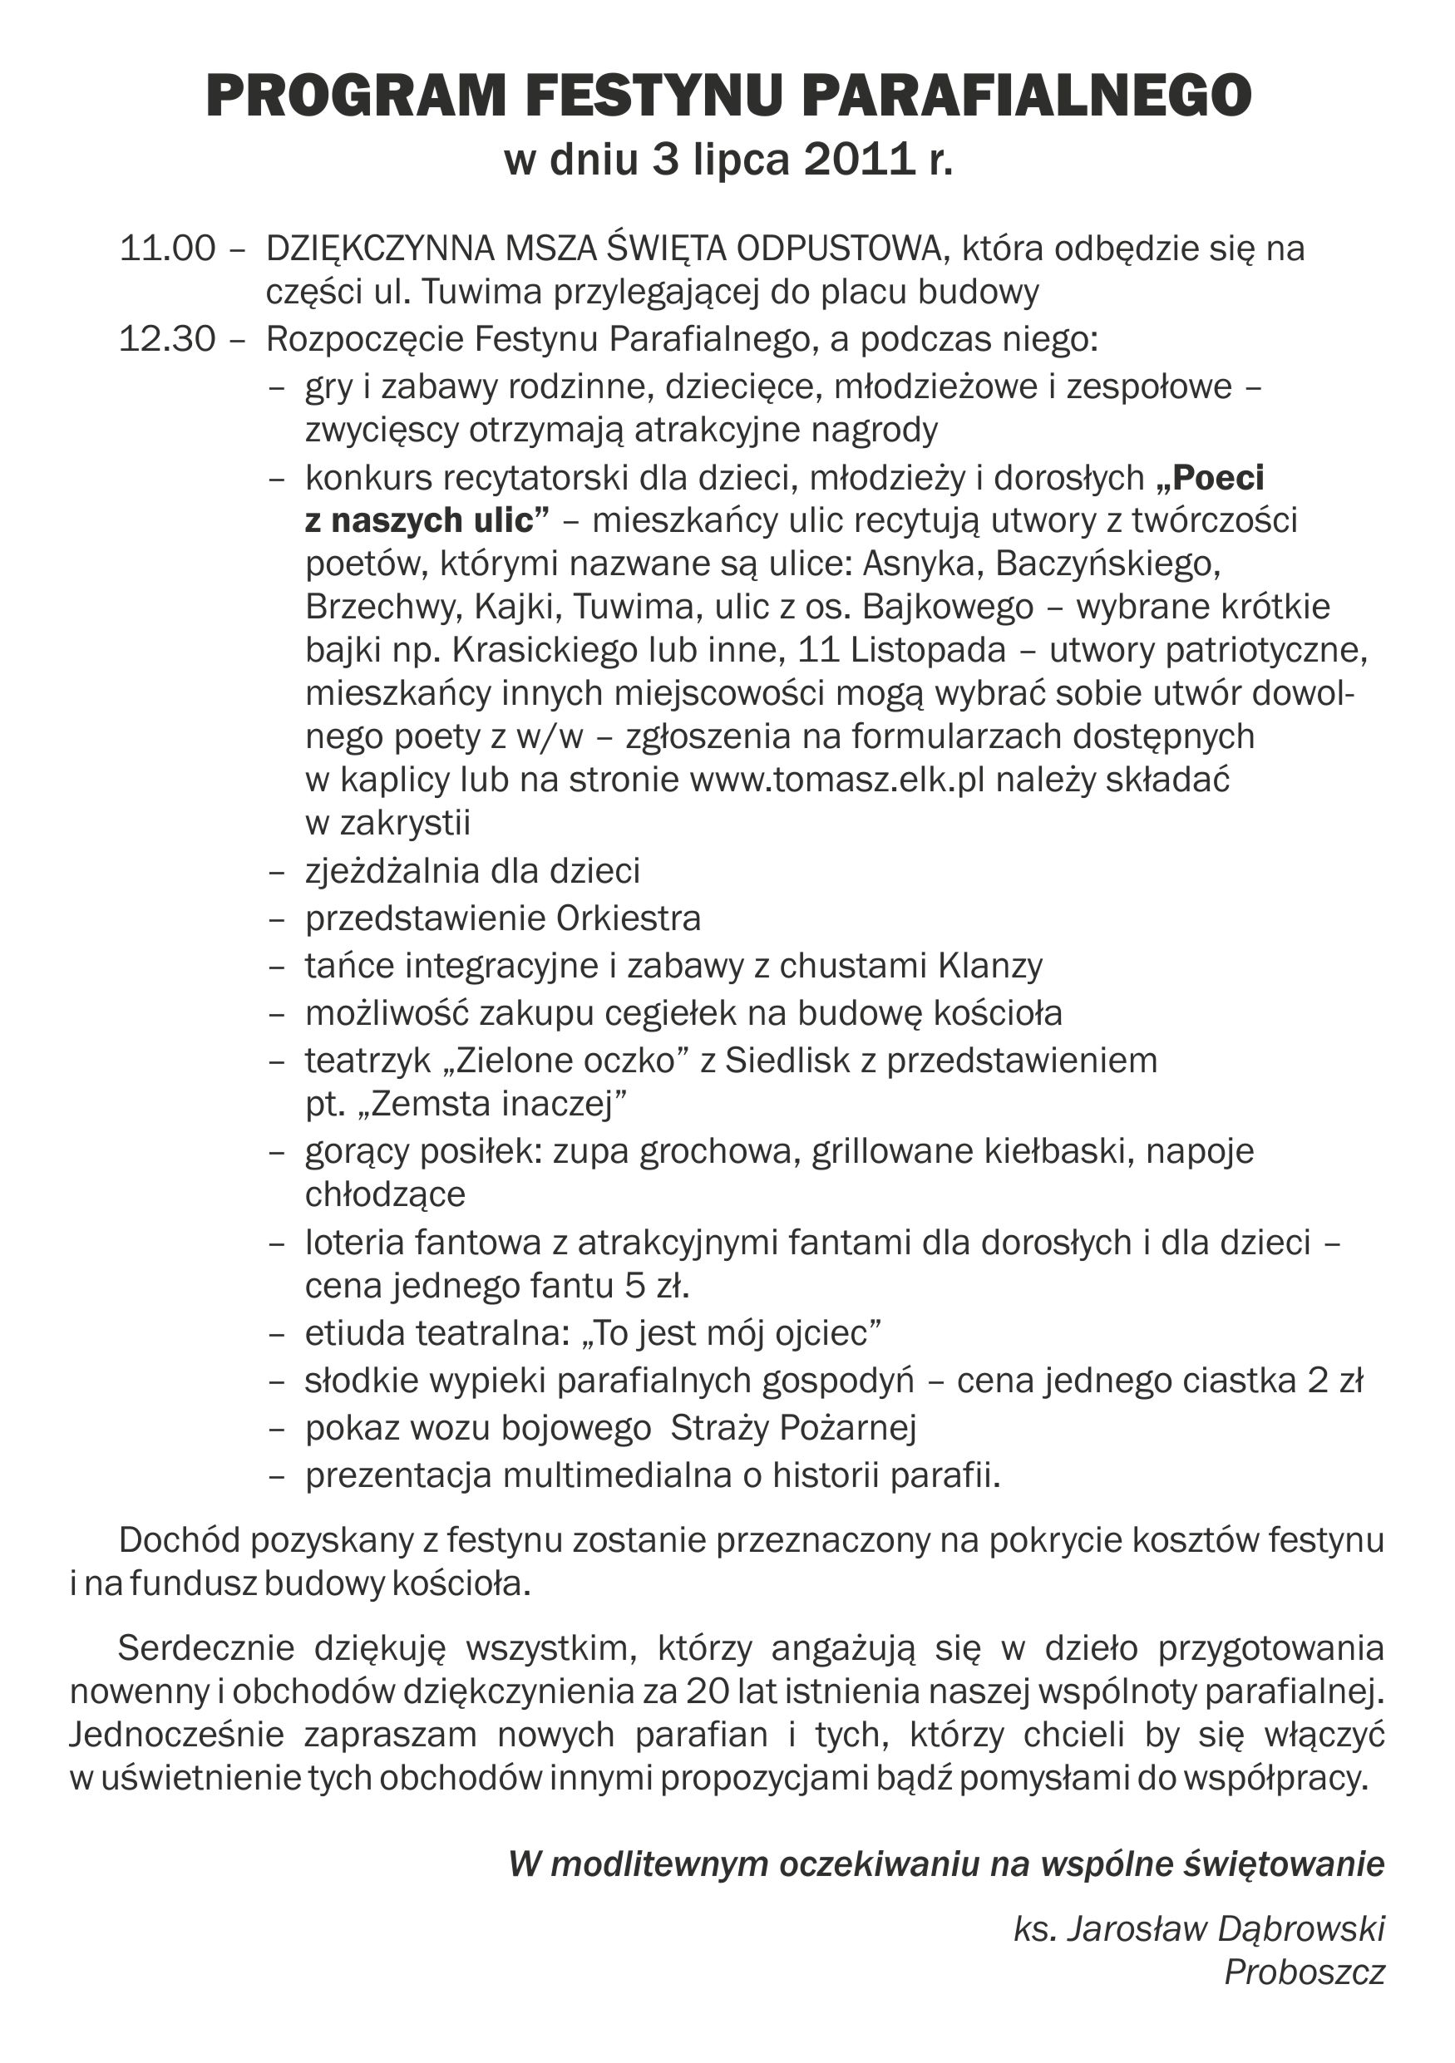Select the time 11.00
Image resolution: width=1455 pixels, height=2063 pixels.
168,249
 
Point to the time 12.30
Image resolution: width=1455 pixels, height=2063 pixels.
168,340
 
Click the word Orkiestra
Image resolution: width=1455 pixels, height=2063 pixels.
629,918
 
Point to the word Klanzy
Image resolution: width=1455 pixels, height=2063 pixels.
990,966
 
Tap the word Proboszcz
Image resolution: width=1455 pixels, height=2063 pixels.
1304,1972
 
